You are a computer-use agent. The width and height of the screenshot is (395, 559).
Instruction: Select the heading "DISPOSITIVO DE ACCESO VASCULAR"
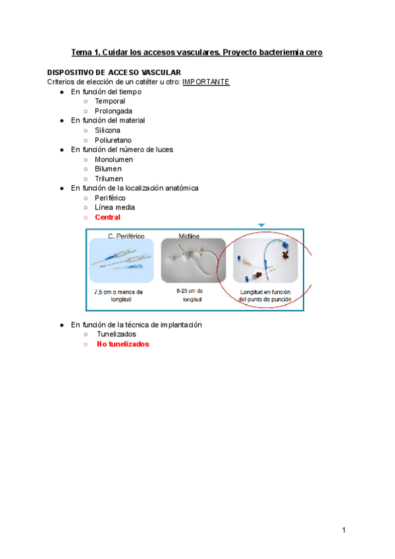coord(114,72)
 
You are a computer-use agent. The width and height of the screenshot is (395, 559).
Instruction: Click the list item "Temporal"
coord(111,102)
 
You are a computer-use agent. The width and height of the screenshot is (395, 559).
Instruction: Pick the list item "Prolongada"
coord(113,111)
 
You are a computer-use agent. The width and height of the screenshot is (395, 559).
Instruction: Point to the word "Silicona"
coord(107,131)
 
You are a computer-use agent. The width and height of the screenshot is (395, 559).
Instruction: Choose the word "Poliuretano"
coord(113,140)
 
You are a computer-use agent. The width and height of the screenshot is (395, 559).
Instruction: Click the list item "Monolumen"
coord(114,160)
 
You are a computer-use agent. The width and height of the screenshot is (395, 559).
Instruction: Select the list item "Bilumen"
coord(108,169)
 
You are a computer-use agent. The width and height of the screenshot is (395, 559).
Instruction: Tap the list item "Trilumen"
coord(109,179)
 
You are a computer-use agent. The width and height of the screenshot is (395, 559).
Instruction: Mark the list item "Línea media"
coord(115,207)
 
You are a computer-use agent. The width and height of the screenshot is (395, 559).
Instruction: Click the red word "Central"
coord(107,217)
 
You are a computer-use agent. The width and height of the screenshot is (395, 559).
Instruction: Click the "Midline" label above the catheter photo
coord(190,235)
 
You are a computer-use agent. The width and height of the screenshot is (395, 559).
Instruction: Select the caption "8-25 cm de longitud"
coord(190,295)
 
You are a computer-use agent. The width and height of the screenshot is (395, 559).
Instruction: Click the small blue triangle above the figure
coord(261,225)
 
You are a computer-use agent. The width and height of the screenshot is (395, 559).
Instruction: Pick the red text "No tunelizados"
coord(123,344)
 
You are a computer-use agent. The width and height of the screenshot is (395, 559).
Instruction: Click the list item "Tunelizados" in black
coord(117,334)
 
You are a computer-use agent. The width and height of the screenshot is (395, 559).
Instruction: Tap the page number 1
coord(344,530)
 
